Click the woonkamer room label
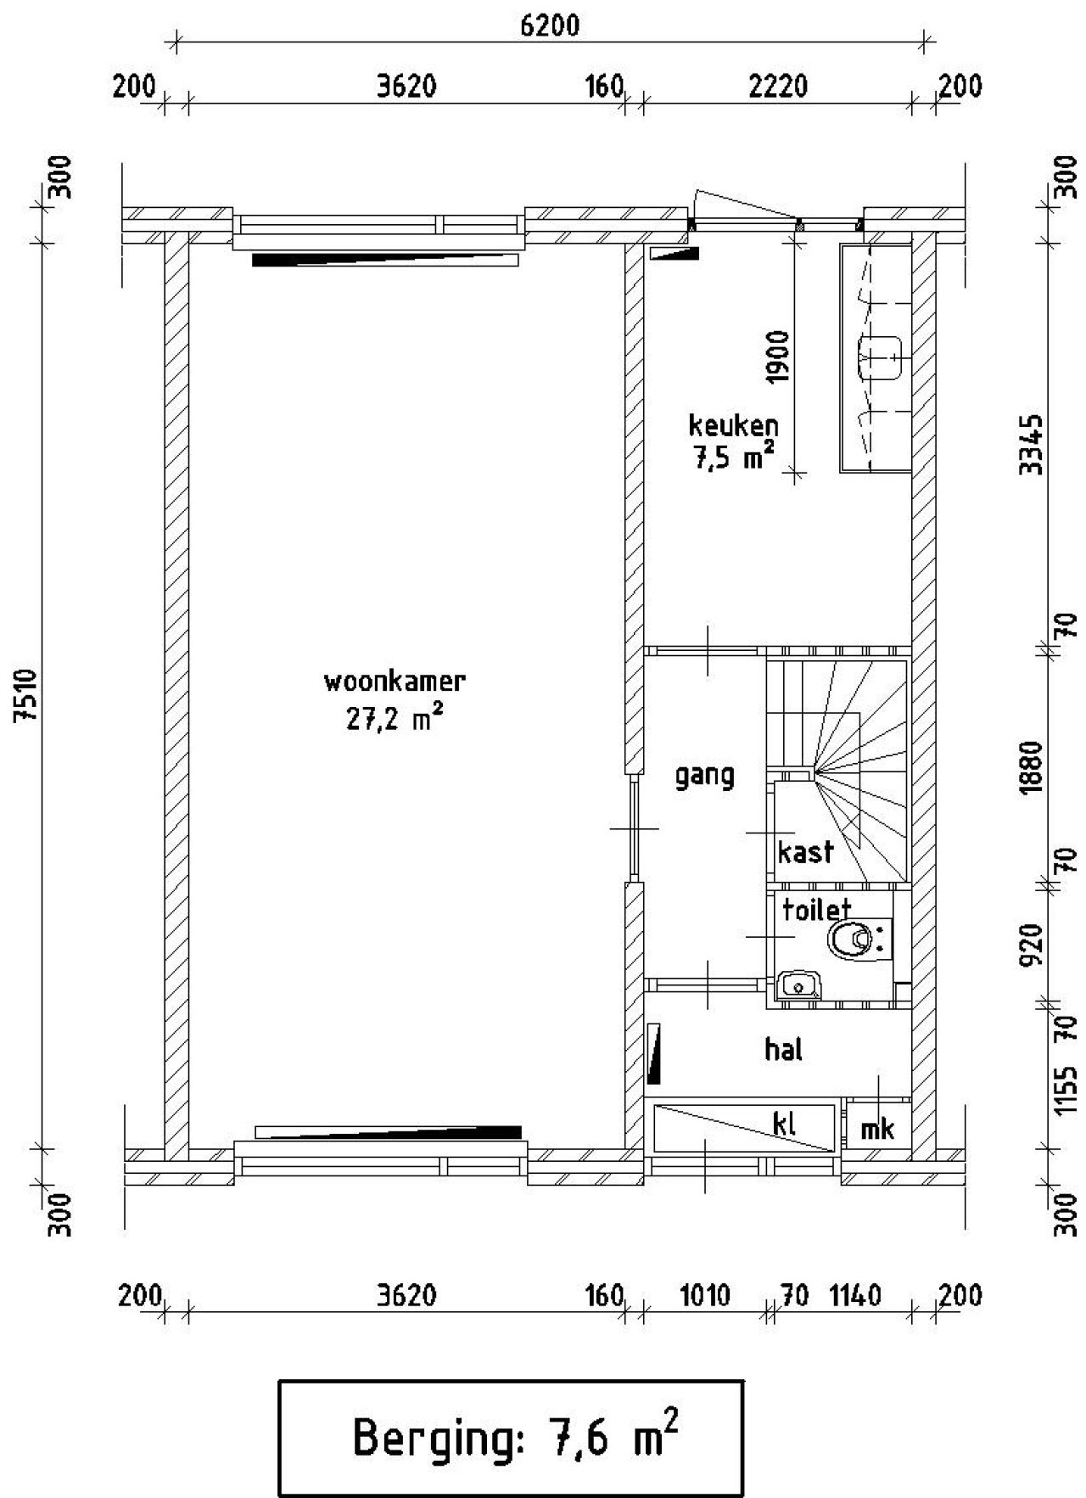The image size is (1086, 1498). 395,682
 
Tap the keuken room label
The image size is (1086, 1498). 733,424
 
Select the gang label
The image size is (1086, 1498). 704,776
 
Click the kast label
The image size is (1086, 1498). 805,851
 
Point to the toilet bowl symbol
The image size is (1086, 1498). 851,940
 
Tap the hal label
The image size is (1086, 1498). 783,1050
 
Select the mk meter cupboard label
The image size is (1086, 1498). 877,1128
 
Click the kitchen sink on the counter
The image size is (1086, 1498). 879,357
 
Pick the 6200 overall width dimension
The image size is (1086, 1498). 550,25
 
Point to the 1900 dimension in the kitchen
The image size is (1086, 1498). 777,356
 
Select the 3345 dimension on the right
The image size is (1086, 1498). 1030,445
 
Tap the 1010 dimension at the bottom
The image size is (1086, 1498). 705,1296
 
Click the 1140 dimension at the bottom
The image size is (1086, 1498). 855,1296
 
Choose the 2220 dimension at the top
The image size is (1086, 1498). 777,87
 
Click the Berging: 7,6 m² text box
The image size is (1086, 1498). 512,1437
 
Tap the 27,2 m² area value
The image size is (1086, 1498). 395,719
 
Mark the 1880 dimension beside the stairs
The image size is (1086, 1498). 1030,766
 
